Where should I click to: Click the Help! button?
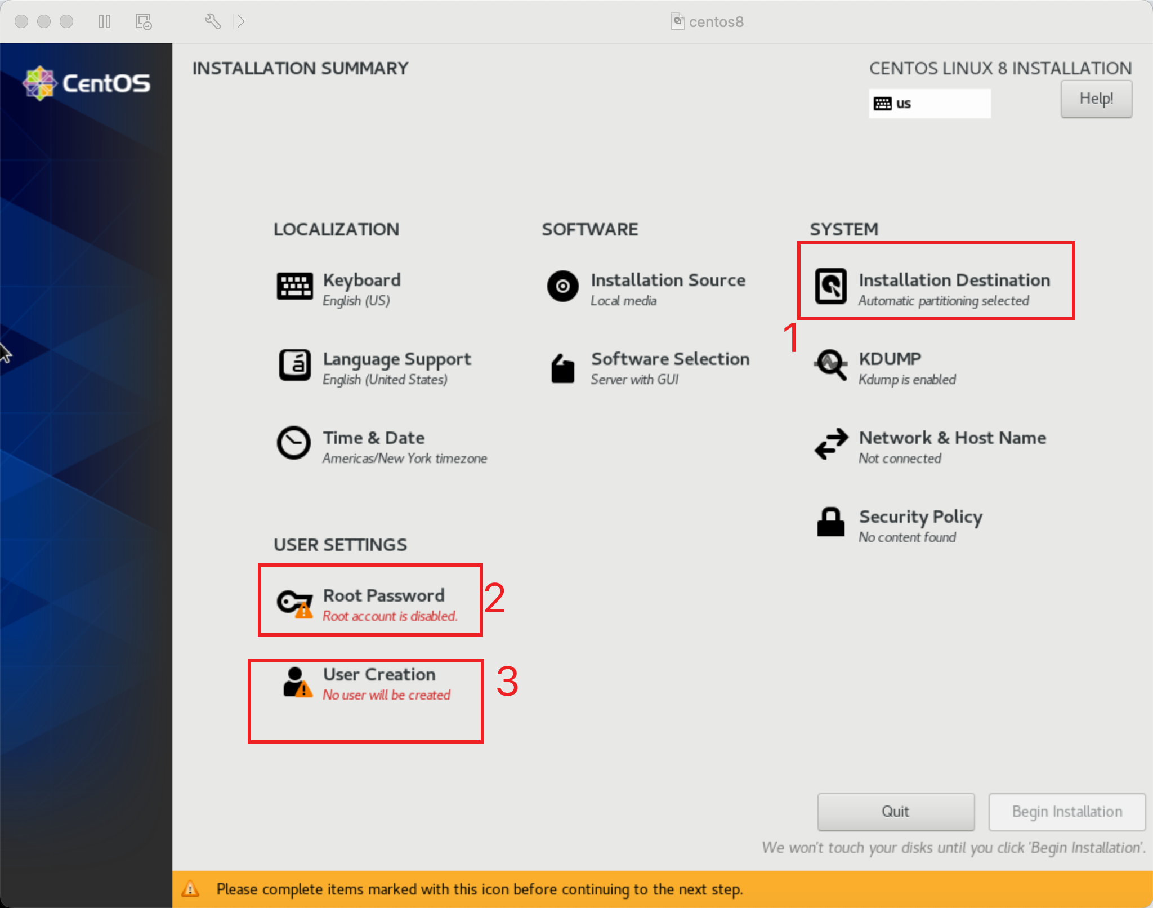1096,99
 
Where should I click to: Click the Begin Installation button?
1066,811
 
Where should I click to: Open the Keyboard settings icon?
294,286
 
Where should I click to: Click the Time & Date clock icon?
293,443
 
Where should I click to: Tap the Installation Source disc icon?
562,286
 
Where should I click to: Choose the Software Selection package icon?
562,369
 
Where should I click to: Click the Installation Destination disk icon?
830,286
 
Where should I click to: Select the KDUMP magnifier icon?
830,365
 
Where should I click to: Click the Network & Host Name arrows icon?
830,444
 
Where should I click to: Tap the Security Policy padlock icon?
830,522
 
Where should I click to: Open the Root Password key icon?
294,603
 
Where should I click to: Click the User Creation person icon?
297,682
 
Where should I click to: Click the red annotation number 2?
494,598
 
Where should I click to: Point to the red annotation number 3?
507,681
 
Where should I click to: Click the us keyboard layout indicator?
929,104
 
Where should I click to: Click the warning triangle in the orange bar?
190,889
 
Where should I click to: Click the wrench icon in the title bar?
212,21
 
